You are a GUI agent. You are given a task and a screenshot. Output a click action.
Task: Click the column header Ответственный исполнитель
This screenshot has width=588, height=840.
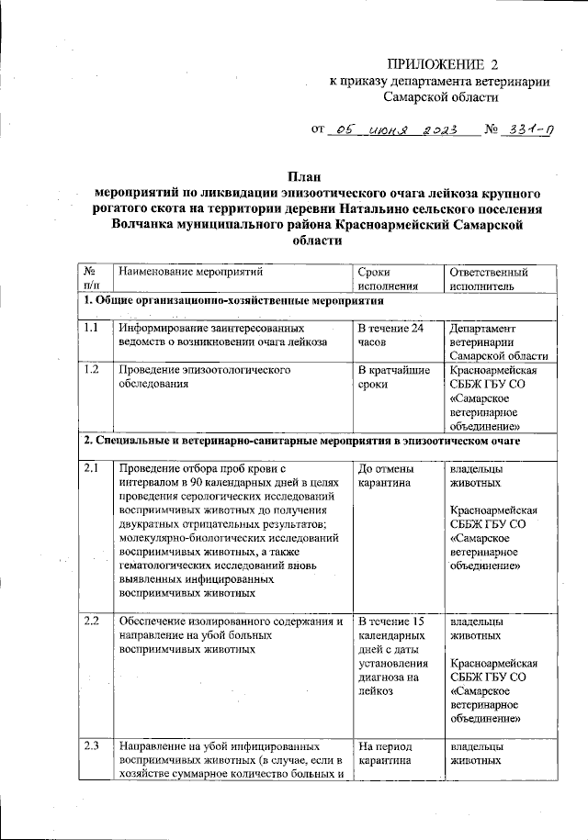(x=488, y=279)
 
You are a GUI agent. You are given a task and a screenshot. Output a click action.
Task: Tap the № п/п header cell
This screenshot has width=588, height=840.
(x=92, y=279)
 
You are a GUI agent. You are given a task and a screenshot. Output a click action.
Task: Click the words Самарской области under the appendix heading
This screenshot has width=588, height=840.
(x=441, y=96)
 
